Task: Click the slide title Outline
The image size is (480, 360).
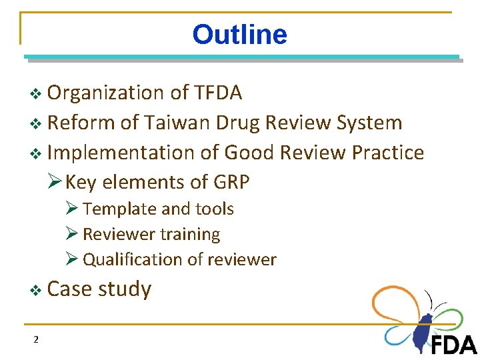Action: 239,35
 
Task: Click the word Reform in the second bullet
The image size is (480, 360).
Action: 81,123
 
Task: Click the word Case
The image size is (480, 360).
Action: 69,289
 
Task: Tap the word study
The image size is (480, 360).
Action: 125,289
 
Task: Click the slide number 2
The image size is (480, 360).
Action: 36,340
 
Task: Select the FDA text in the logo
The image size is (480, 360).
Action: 453,345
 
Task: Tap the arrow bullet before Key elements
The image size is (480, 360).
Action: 56,182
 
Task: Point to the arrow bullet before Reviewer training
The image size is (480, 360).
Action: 73,234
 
